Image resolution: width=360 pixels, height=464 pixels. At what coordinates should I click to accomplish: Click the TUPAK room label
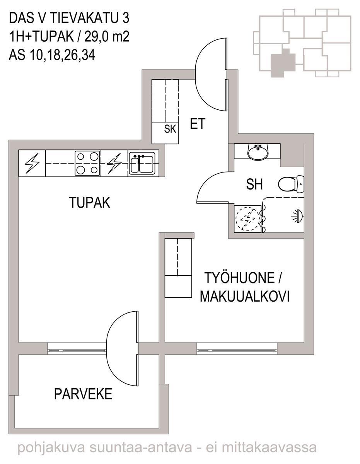click(90, 203)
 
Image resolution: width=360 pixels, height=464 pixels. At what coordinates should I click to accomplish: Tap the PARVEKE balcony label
click(83, 394)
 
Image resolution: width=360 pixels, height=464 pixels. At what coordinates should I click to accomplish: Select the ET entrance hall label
click(198, 123)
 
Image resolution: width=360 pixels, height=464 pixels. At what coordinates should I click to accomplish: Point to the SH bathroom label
click(254, 184)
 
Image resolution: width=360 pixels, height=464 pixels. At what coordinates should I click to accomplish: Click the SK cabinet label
click(170, 129)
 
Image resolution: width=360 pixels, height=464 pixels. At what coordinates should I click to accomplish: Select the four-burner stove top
click(87, 163)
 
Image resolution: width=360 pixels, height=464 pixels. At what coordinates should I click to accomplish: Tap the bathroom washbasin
click(258, 152)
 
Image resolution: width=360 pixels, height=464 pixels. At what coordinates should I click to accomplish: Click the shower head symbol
click(297, 216)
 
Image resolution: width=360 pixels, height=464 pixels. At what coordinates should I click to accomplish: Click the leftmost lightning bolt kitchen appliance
click(32, 163)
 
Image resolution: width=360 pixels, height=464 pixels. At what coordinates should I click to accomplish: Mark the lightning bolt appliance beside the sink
click(114, 163)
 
